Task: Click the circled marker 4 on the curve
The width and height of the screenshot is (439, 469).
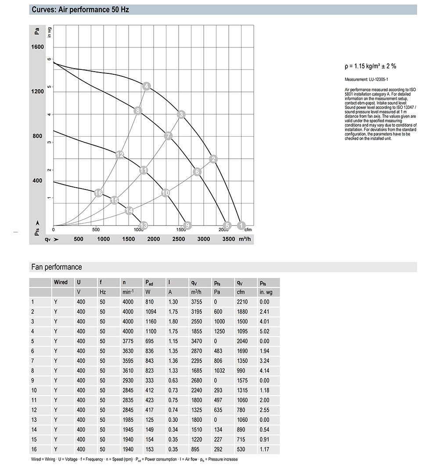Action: click(x=147, y=86)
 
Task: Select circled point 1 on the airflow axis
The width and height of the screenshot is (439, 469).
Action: click(x=241, y=225)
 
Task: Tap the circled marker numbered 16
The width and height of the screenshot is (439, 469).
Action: click(x=98, y=193)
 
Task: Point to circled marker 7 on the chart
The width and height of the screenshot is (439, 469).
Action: click(x=168, y=136)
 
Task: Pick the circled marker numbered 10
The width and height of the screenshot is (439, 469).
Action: click(x=166, y=193)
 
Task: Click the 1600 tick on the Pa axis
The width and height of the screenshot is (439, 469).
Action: click(x=37, y=47)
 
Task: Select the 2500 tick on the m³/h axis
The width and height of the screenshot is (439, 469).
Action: click(x=179, y=239)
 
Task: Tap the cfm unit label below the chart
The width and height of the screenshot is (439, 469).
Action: click(x=248, y=229)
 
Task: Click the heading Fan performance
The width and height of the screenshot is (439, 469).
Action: click(x=57, y=267)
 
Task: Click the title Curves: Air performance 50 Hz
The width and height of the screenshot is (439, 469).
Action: click(x=80, y=9)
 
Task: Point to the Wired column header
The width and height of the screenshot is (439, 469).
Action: click(x=61, y=282)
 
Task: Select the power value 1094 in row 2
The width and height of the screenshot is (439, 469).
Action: click(x=151, y=312)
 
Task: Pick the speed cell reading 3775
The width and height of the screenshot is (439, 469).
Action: click(x=128, y=341)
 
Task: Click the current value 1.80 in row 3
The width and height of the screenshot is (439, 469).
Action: click(x=173, y=321)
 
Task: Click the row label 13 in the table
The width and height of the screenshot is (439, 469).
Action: click(x=34, y=420)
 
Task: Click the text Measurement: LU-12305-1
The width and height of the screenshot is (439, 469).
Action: click(x=366, y=80)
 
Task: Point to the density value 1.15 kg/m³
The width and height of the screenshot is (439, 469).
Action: click(x=371, y=66)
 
